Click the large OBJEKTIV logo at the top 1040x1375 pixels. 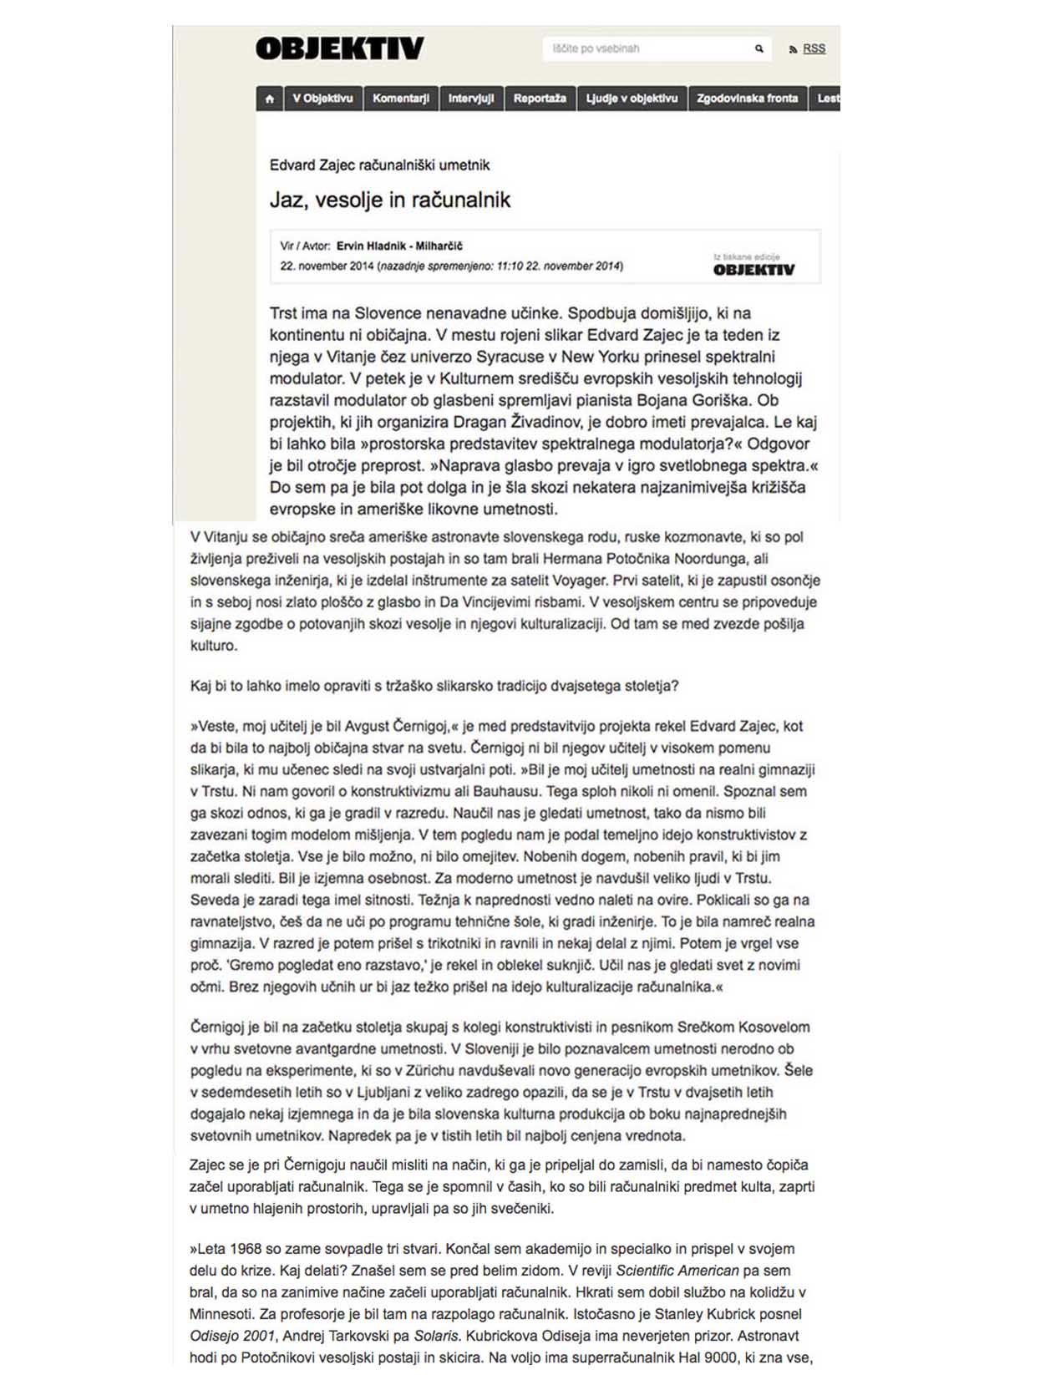[x=339, y=48]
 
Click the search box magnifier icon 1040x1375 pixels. [x=758, y=49]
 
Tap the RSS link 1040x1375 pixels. [x=814, y=49]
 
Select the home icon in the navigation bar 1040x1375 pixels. [x=269, y=99]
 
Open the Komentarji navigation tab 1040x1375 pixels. [x=401, y=99]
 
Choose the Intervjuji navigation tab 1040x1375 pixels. [x=471, y=99]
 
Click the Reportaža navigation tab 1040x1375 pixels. [x=540, y=99]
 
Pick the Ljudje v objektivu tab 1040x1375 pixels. [x=632, y=99]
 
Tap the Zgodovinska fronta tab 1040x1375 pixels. [x=747, y=99]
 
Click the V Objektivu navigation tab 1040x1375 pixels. [x=322, y=99]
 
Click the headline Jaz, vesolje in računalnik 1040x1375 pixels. [x=389, y=200]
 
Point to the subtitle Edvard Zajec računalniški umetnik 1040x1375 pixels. [x=379, y=165]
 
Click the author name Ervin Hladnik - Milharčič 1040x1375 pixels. [x=399, y=246]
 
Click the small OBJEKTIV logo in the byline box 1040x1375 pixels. [x=753, y=270]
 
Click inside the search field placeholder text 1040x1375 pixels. [x=596, y=49]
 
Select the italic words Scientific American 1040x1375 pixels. [x=677, y=1271]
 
